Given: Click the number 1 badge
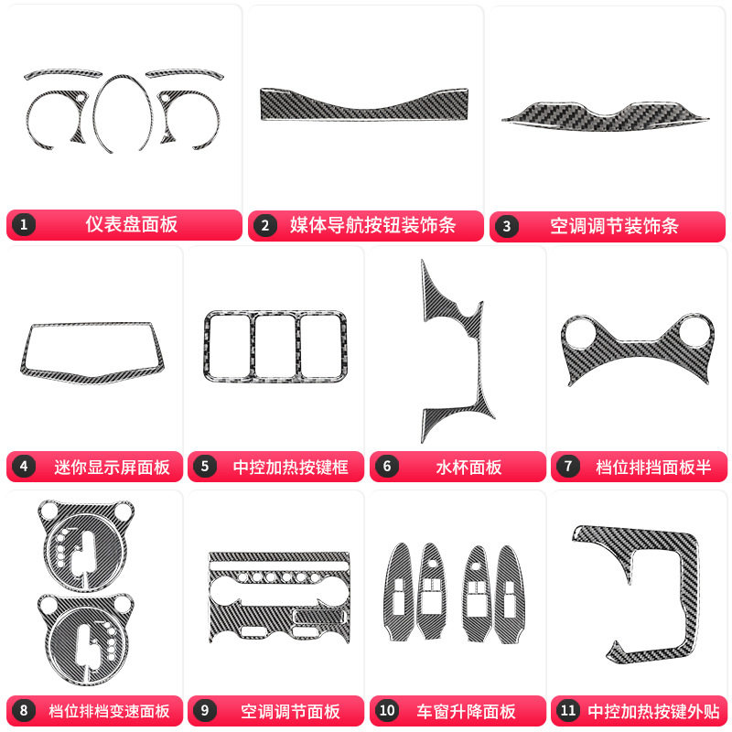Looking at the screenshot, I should pyautogui.click(x=24, y=224).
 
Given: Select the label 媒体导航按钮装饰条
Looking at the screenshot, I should pyautogui.click(x=372, y=224).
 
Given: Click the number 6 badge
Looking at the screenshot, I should pyautogui.click(x=387, y=467).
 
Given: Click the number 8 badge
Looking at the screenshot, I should pyautogui.click(x=24, y=711).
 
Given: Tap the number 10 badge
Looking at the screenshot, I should pyautogui.click(x=387, y=711).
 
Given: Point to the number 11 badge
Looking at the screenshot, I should pyautogui.click(x=568, y=711).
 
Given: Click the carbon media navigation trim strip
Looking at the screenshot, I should pyautogui.click(x=364, y=104).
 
